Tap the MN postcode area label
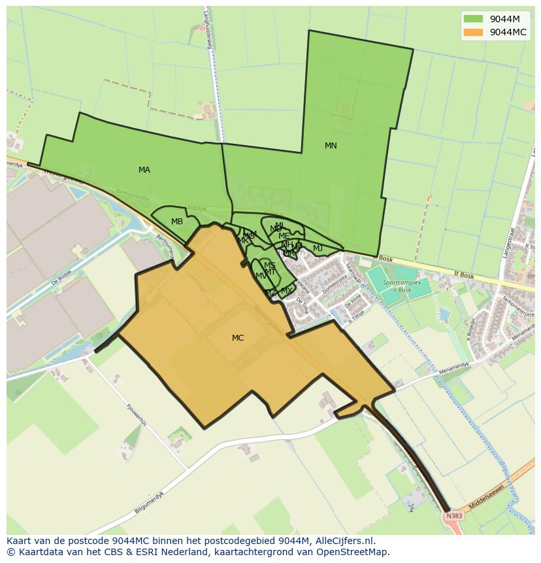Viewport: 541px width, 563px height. click(331, 146)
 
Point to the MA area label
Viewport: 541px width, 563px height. click(144, 170)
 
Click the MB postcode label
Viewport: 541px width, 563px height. click(177, 222)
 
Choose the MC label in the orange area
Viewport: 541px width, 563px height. click(238, 338)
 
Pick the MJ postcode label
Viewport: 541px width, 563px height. click(318, 248)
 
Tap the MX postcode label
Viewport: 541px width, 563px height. click(286, 291)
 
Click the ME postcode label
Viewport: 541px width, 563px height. click(284, 236)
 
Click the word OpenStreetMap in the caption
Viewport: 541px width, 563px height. click(352, 552)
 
